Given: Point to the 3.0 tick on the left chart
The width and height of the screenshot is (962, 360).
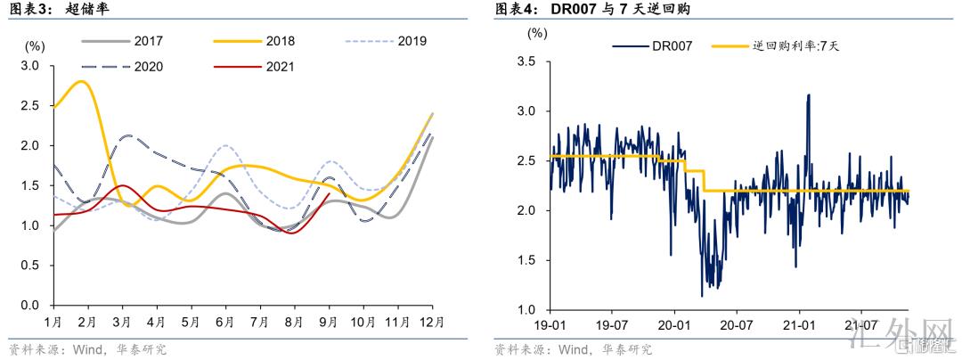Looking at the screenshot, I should pos(30,66).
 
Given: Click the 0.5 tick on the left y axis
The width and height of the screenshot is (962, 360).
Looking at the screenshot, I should pos(30,266).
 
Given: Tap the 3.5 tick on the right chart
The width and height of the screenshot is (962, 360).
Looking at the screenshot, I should pos(526,61).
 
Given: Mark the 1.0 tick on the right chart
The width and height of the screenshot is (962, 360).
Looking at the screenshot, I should pos(526,310).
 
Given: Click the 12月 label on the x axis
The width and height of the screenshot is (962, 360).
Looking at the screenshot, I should pos(432,321).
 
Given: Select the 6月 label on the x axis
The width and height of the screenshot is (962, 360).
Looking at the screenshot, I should pos(224,321).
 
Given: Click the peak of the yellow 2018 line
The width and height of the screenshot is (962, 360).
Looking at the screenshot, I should pos(82,81).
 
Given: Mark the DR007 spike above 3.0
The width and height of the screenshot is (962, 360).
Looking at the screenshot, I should pos(808,94).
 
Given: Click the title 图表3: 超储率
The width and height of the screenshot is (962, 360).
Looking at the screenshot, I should pos(59,9).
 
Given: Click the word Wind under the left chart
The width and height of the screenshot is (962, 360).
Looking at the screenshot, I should pos(81,348).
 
